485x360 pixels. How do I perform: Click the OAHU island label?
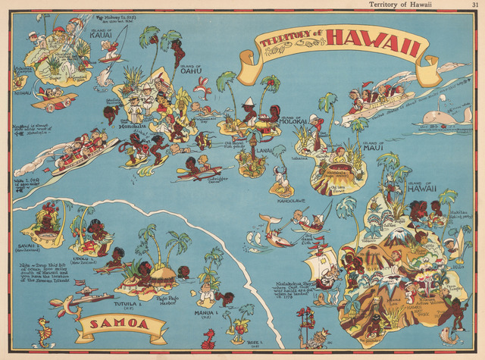tap(191, 70)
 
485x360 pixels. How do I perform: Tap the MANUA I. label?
tap(205, 311)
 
